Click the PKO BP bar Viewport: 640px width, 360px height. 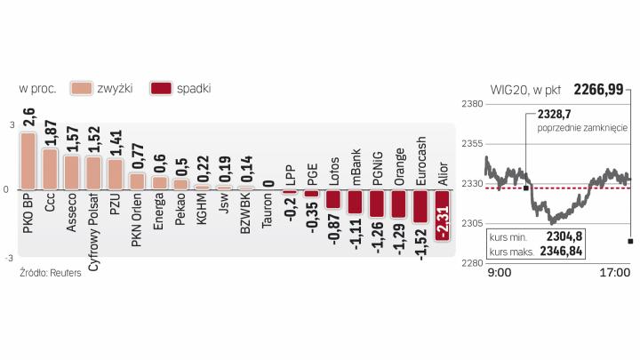[28, 161]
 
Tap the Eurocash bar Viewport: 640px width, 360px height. [421, 206]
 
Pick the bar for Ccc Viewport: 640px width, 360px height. [50, 169]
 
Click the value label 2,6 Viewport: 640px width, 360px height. [28, 116]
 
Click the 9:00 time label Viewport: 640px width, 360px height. [499, 272]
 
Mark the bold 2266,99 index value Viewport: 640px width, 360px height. [597, 88]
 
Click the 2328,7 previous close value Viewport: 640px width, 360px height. [554, 115]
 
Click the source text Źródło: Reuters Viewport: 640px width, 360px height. [49, 273]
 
